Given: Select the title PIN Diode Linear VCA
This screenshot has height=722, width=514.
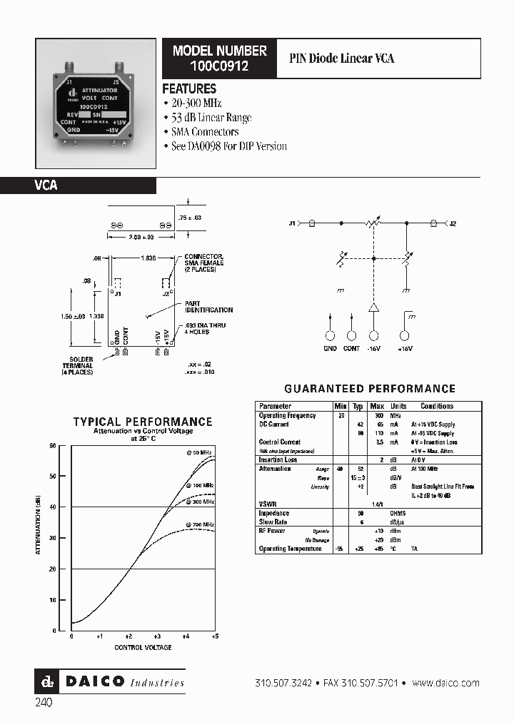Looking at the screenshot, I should pos(341,59).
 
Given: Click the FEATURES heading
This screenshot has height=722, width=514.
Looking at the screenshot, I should pos(189,89).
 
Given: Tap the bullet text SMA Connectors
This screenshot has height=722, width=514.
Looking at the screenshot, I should pos(205,132).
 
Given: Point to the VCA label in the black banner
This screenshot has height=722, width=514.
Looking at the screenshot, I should pos(46,185).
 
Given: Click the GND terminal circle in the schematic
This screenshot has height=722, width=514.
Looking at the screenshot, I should pos(330,335).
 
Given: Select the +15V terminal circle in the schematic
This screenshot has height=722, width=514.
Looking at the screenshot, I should pos(405,335).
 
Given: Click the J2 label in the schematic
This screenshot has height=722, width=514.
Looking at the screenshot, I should pos(452,224).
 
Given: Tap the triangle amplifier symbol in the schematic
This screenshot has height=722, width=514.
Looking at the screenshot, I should pos(373,307).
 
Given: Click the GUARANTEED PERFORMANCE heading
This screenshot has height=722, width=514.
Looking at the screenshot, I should pos(370,389).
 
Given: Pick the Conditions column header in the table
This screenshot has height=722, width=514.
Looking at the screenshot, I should pos(437,406).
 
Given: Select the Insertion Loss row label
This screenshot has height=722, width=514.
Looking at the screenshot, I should pos(278,459).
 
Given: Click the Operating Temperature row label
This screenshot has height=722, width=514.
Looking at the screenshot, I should pos(289,549).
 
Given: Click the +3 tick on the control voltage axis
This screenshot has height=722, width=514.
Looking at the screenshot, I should pos(157,636).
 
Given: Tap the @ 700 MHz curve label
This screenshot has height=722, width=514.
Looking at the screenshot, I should pos(201,524).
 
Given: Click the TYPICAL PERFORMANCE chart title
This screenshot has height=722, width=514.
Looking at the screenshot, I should pos(143,422).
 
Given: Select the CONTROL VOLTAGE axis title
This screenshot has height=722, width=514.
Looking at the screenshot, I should pos(143,647).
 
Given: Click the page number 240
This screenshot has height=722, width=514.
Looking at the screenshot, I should pos(43,702).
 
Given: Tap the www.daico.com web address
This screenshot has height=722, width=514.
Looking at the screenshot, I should pos(445,683).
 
